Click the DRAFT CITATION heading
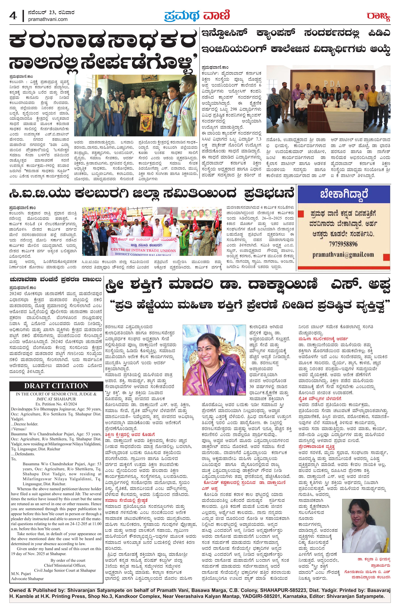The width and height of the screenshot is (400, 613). click(56, 386)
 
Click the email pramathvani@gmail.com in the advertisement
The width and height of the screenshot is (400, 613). click(343, 254)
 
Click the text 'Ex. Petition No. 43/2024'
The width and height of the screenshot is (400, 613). click(56, 404)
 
